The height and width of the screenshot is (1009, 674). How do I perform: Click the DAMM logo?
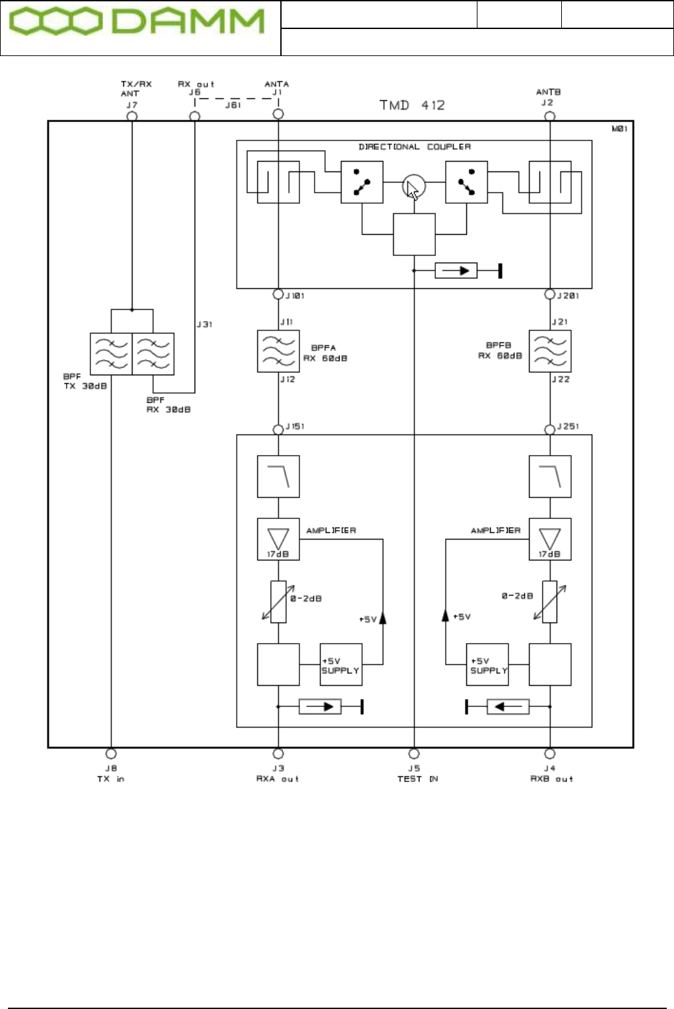click(137, 22)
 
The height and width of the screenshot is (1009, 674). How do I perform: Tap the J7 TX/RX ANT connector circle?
click(132, 116)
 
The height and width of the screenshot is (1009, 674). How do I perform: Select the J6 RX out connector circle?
click(195, 116)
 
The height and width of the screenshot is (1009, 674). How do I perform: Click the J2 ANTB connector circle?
click(549, 116)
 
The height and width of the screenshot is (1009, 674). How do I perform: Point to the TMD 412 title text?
click(412, 105)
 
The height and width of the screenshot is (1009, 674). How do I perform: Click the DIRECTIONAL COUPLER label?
click(415, 146)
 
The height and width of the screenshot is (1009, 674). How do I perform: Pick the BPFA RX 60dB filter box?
click(278, 352)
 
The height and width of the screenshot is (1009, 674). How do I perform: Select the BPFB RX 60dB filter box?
click(550, 352)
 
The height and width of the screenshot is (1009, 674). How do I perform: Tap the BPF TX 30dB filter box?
click(111, 354)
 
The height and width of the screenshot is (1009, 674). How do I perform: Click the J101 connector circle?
click(278, 294)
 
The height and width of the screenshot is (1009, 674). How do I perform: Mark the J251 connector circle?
click(549, 429)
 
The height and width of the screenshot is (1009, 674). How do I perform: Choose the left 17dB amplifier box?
click(278, 539)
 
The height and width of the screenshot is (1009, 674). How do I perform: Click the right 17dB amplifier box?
click(550, 539)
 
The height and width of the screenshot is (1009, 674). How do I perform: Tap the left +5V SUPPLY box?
click(341, 665)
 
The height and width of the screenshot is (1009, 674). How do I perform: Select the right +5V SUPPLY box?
click(487, 665)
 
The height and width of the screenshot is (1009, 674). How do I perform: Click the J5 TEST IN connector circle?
click(414, 753)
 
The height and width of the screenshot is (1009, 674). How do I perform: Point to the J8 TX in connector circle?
click(111, 753)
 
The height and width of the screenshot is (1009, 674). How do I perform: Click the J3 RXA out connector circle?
click(278, 753)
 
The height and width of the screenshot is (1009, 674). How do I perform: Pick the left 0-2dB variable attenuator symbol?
click(278, 601)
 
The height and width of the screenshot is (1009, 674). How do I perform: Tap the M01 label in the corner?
click(619, 129)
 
